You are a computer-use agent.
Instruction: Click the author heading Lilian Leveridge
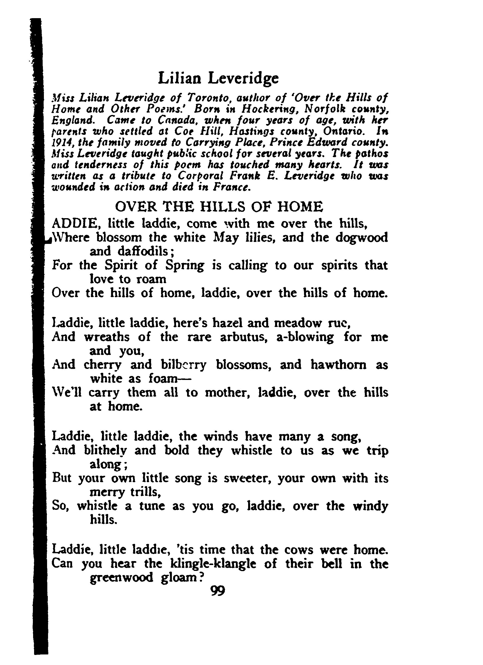(218, 78)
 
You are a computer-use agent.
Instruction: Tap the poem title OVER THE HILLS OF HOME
(219, 207)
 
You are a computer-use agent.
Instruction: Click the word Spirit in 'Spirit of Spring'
(121, 265)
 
